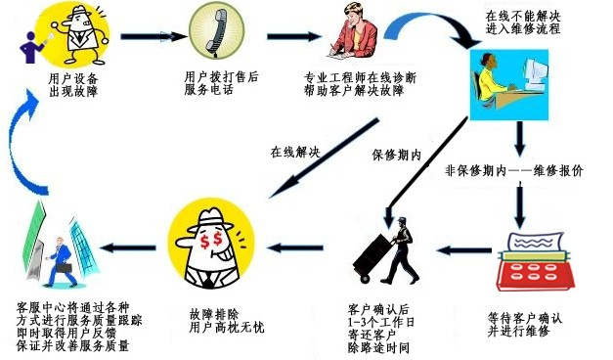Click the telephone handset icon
coord(217,31)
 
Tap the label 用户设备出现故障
coord(73,85)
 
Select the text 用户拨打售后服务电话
coord(221,83)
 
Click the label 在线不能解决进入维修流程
coord(523,22)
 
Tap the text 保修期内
coord(396,156)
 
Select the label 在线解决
coord(295,153)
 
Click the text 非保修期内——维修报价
coord(514,171)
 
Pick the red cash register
coord(535,261)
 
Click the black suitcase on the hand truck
coord(372,256)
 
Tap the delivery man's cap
coord(402,220)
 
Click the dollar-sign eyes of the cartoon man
coord(211,240)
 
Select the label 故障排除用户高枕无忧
coord(227,321)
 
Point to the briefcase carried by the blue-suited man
coord(64,268)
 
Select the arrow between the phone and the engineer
coord(294,36)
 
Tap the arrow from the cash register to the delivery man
coord(464,249)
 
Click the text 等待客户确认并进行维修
coord(525,325)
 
